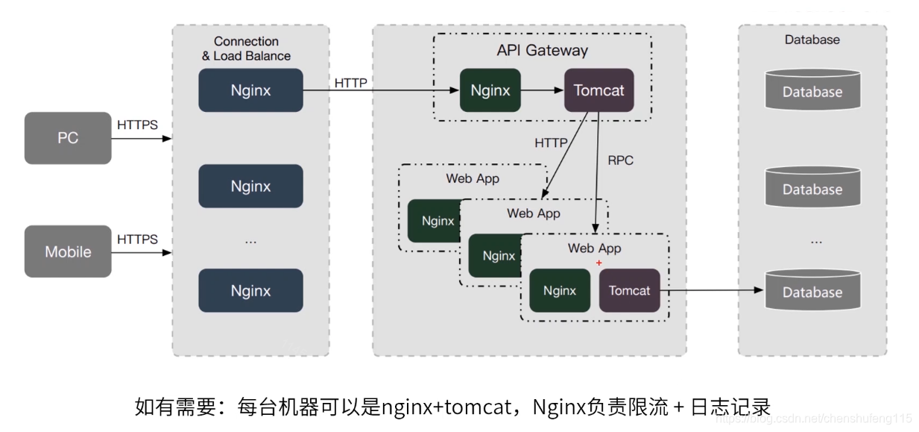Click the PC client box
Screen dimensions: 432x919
pyautogui.click(x=68, y=138)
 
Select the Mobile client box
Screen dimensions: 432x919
pyautogui.click(x=68, y=251)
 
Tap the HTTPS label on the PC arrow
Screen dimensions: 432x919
pyautogui.click(x=138, y=125)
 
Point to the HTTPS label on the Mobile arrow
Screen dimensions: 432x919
pyautogui.click(x=138, y=239)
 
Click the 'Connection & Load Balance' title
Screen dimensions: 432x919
pyautogui.click(x=246, y=48)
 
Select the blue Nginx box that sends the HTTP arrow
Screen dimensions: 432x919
pyautogui.click(x=250, y=90)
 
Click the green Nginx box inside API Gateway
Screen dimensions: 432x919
pyautogui.click(x=490, y=90)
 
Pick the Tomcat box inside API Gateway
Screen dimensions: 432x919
pyautogui.click(x=599, y=90)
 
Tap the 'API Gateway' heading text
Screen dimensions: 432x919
pyautogui.click(x=542, y=51)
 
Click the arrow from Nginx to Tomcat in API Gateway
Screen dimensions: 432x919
pyautogui.click(x=542, y=90)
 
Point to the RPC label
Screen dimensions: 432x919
pyautogui.click(x=620, y=160)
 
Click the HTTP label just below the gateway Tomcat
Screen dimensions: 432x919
pyautogui.click(x=551, y=143)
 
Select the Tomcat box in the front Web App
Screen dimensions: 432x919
pyautogui.click(x=629, y=290)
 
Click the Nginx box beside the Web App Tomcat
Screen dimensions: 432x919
pyautogui.click(x=559, y=290)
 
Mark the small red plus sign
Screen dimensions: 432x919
pyautogui.click(x=599, y=263)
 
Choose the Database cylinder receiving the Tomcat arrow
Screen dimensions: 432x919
pyautogui.click(x=812, y=290)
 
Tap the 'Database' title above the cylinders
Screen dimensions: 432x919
pyautogui.click(x=812, y=40)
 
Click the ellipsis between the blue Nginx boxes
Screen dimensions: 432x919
pyautogui.click(x=250, y=240)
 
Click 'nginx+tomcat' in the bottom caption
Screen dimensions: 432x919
pyautogui.click(x=446, y=407)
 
